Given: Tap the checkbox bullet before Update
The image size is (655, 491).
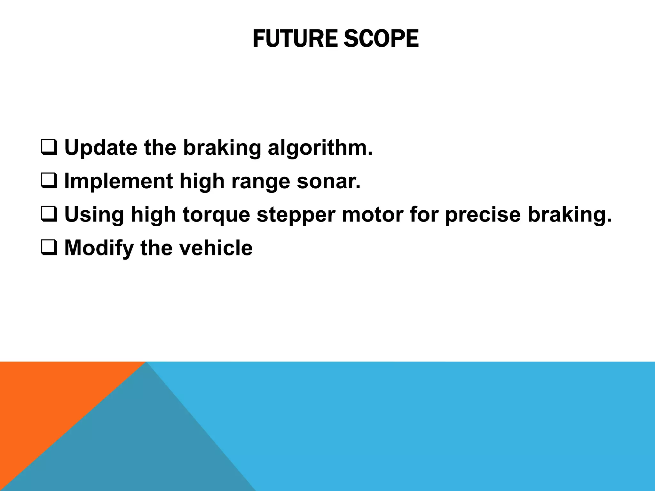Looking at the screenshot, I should click(49, 148).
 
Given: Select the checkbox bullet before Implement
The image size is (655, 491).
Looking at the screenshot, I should click(49, 181).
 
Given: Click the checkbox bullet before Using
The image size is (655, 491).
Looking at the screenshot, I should click(49, 215).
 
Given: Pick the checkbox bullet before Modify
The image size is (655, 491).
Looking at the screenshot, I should click(49, 248).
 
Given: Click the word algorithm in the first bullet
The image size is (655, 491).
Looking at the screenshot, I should click(320, 149).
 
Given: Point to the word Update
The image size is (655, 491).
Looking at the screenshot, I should click(101, 149).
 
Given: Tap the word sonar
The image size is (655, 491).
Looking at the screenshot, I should click(328, 181).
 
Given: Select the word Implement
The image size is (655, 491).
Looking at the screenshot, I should click(118, 181).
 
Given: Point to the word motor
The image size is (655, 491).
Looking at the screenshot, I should click(372, 215).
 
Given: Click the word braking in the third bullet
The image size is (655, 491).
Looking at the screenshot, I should click(569, 215).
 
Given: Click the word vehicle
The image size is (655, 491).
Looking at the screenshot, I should click(216, 248).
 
